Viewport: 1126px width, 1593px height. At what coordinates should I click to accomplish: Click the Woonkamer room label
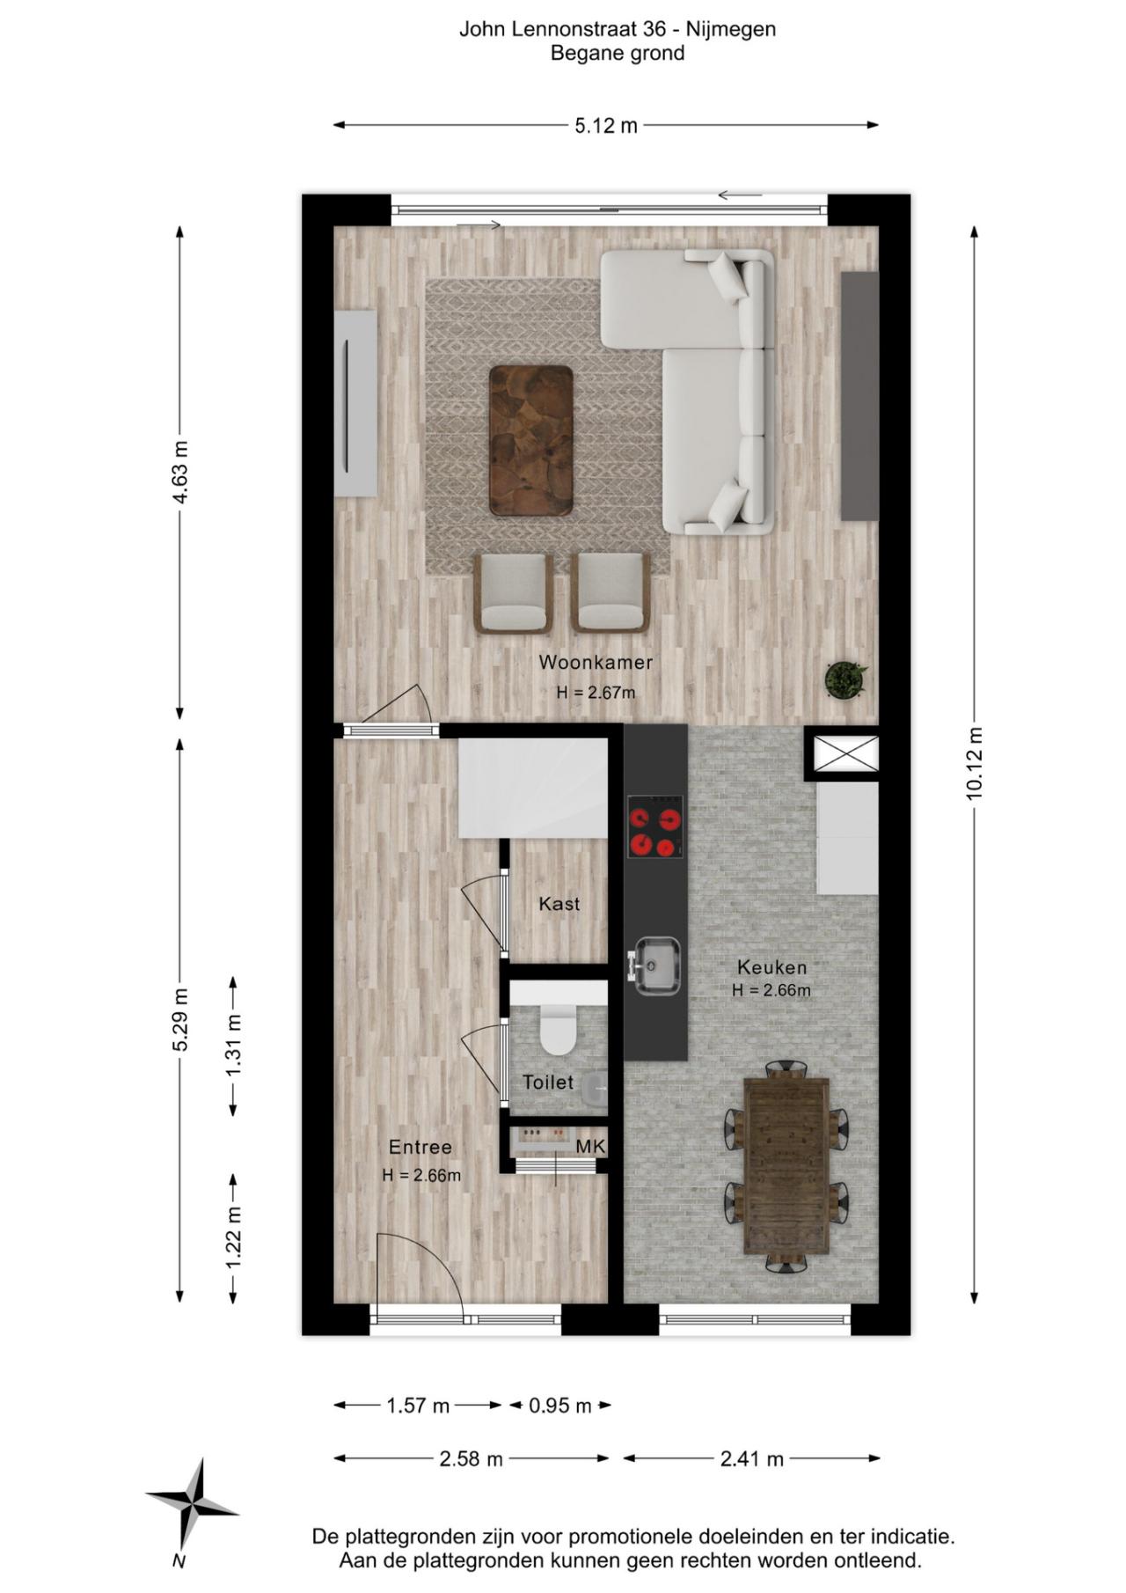596,662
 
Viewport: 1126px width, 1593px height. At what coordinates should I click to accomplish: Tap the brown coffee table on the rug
531,440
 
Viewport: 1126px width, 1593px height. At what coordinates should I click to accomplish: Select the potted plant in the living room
845,679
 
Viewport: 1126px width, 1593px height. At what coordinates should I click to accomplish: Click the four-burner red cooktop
655,826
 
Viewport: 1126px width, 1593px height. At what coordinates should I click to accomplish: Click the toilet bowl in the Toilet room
557,1031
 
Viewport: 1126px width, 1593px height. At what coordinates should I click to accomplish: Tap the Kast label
559,904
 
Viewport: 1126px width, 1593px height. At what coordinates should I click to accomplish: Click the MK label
590,1147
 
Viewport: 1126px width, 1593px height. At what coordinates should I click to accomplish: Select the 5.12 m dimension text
606,126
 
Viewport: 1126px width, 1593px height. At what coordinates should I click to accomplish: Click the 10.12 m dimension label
974,763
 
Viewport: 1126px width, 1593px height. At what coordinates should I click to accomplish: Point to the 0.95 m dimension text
560,1406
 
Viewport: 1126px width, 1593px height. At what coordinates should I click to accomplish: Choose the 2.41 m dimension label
751,1459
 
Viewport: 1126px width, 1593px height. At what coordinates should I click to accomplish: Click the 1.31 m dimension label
233,1045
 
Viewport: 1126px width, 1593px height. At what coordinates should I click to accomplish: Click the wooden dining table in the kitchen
786,1165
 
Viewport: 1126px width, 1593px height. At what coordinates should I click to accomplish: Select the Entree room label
420,1147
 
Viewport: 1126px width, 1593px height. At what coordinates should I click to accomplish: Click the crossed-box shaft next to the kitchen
845,753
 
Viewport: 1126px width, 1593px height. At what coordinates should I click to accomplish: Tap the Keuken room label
771,967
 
